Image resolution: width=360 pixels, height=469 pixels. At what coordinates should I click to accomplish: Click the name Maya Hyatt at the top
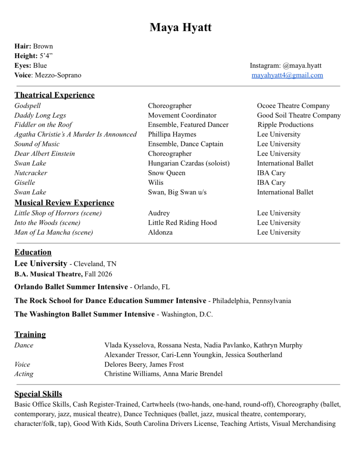180,27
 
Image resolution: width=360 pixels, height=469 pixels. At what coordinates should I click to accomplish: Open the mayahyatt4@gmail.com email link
287,75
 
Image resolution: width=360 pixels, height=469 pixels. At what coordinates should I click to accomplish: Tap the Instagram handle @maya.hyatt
302,66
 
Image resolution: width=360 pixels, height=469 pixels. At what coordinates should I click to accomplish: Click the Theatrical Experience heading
55,95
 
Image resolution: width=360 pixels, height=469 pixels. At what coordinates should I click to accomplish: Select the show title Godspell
28,106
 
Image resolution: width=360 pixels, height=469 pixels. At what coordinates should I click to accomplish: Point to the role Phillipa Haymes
172,134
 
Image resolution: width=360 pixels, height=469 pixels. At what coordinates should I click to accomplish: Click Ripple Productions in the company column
285,125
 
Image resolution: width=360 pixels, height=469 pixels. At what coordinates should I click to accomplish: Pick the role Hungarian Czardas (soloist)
189,163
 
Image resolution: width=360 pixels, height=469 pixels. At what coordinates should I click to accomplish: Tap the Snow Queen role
166,173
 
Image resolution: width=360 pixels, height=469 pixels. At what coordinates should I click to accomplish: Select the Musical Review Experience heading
64,203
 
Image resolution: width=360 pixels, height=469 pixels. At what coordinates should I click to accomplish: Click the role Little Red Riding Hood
182,223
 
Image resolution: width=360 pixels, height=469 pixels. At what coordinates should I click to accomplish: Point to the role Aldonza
160,232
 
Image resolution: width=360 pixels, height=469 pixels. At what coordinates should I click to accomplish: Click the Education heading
33,252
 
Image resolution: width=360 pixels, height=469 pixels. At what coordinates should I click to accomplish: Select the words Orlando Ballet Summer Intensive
71,287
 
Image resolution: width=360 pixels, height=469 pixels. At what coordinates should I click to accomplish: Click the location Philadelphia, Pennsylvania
251,301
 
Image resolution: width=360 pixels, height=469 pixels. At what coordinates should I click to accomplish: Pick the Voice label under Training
22,365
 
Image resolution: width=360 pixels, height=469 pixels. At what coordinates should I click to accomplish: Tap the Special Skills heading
38,394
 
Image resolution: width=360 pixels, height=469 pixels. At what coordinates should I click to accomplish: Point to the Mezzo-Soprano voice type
58,75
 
